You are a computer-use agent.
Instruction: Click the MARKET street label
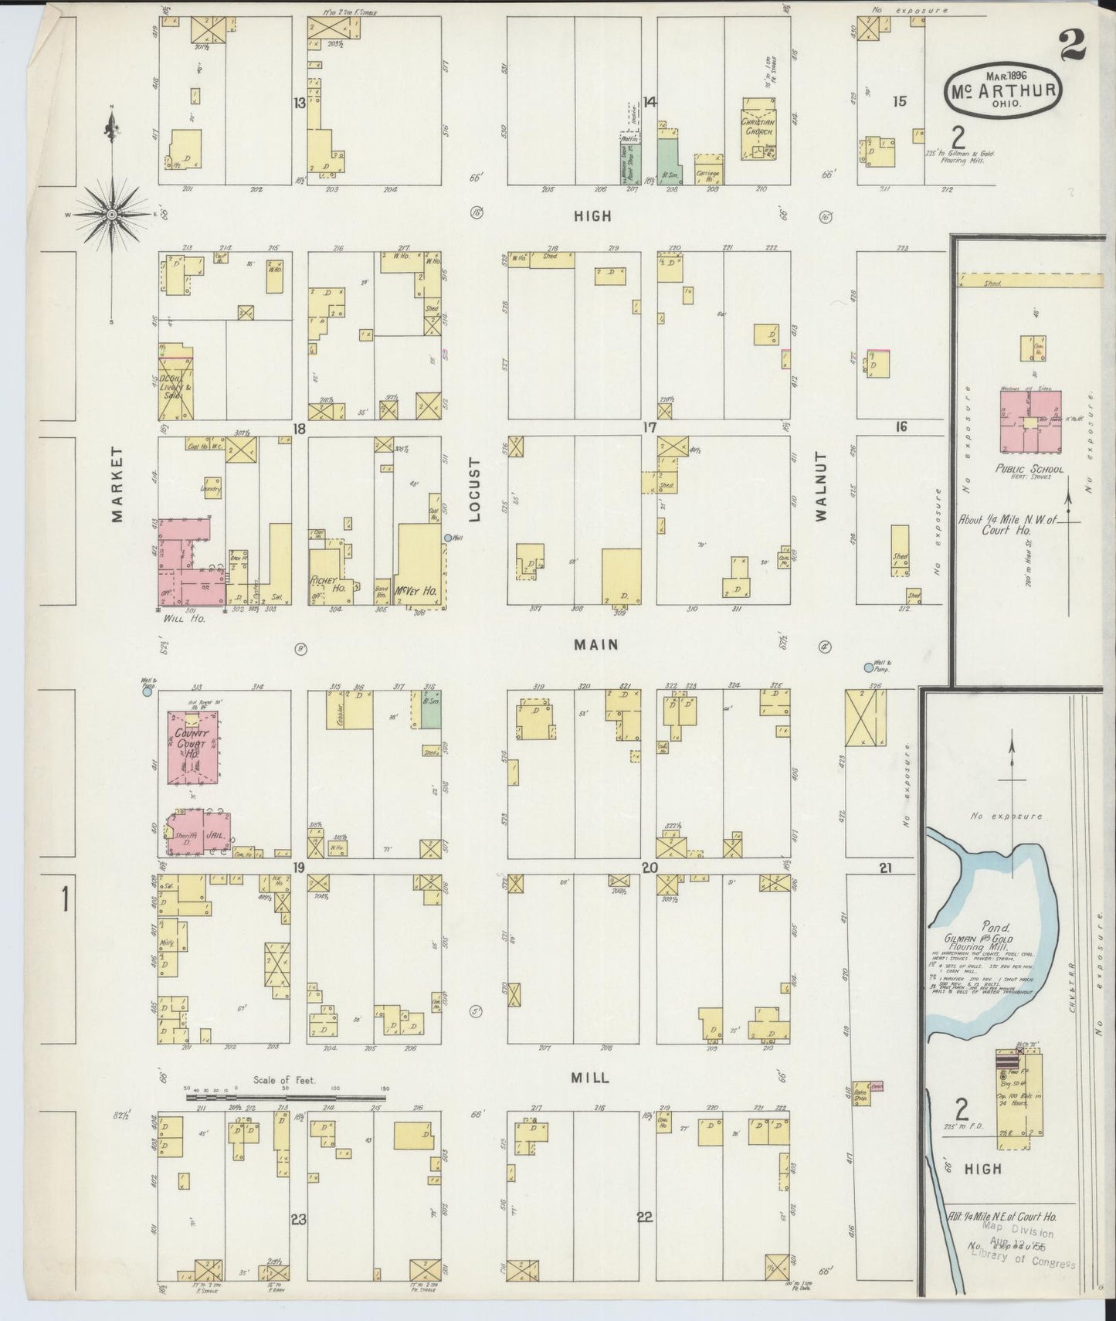[x=117, y=484]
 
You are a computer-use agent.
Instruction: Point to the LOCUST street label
[x=475, y=490]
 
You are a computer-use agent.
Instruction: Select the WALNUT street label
[x=822, y=487]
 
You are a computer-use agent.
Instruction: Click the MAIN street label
[x=595, y=644]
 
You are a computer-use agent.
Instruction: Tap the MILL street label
[x=591, y=1077]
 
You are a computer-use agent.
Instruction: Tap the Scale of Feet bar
[x=286, y=1097]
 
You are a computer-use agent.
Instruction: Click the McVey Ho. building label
[x=416, y=590]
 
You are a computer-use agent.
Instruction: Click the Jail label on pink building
[x=214, y=835]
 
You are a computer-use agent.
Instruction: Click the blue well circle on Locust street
[x=448, y=538]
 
